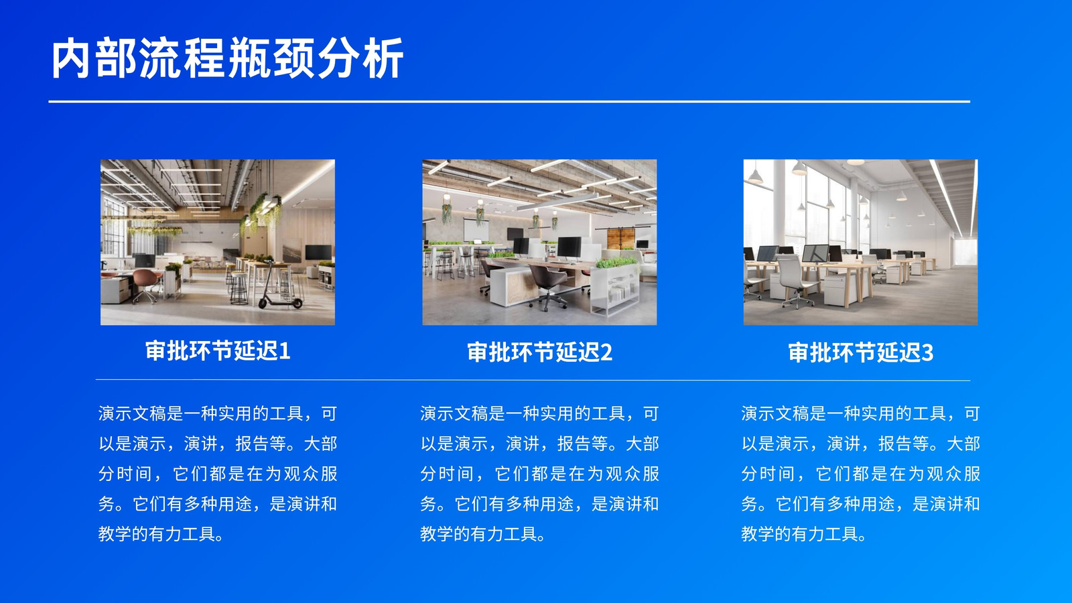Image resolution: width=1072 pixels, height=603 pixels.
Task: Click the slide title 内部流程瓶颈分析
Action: pyautogui.click(x=227, y=59)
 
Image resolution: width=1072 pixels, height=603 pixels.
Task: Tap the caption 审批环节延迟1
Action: pyautogui.click(x=218, y=351)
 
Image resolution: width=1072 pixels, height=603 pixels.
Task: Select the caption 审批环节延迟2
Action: pyautogui.click(x=539, y=352)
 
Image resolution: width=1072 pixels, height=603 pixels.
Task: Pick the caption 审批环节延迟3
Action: pyautogui.click(x=860, y=352)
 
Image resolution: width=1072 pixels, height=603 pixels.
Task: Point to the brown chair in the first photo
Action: pyautogui.click(x=147, y=284)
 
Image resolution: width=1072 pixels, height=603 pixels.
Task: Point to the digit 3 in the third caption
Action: pyautogui.click(x=927, y=353)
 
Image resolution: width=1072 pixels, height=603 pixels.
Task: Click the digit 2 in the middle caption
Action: pyautogui.click(x=606, y=352)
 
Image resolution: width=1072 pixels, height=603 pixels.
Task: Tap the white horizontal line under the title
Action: pyautogui.click(x=509, y=101)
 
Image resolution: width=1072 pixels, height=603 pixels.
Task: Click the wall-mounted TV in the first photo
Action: pyautogui.click(x=318, y=252)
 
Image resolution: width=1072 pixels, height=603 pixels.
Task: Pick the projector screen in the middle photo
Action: pyautogui.click(x=476, y=229)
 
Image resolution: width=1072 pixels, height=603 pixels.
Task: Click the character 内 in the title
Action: pyautogui.click(x=71, y=59)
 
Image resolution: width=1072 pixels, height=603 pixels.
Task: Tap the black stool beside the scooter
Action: pyautogui.click(x=239, y=289)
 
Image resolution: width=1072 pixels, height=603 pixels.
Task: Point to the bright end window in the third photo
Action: pyautogui.click(x=965, y=252)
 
